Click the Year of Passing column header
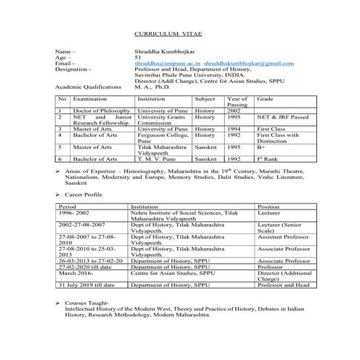tap(237, 102)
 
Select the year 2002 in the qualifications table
tap(234, 111)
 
